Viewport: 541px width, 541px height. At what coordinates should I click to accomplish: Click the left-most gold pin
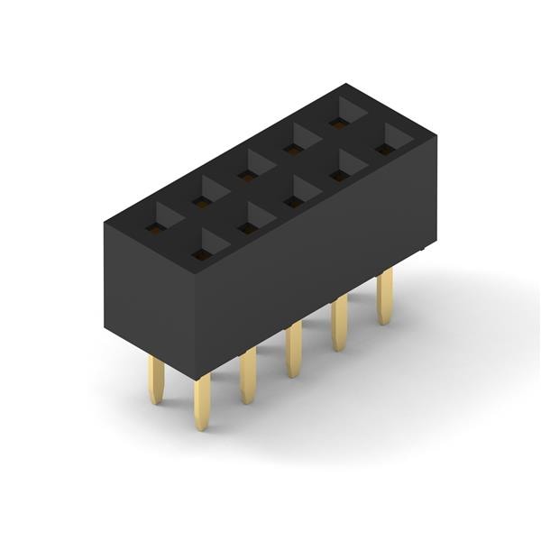click(156, 380)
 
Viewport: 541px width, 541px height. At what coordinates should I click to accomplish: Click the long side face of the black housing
click(316, 261)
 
